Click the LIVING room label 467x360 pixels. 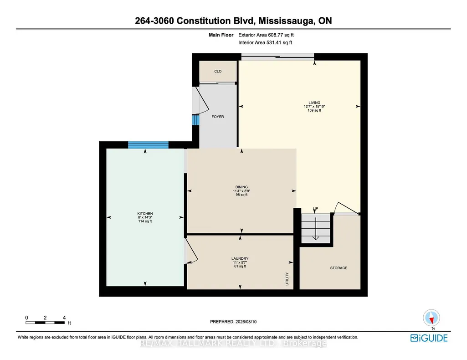[314, 103]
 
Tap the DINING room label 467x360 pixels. [241, 187]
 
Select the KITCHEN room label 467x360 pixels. [145, 214]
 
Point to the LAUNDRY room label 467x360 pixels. [240, 258]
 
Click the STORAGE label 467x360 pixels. [339, 268]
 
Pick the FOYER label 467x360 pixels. [218, 117]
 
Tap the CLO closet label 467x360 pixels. [218, 71]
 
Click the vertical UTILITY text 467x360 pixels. [287, 279]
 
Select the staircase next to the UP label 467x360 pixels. [316, 229]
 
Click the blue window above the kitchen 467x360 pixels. [149, 145]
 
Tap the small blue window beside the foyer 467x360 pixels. [195, 120]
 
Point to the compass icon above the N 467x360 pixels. [431, 318]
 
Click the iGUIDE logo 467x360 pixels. [429, 338]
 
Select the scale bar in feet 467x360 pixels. [45, 323]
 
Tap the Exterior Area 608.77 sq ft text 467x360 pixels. [266, 35]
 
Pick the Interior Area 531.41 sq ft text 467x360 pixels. [265, 42]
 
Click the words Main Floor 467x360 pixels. [221, 35]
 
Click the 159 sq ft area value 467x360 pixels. [314, 110]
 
